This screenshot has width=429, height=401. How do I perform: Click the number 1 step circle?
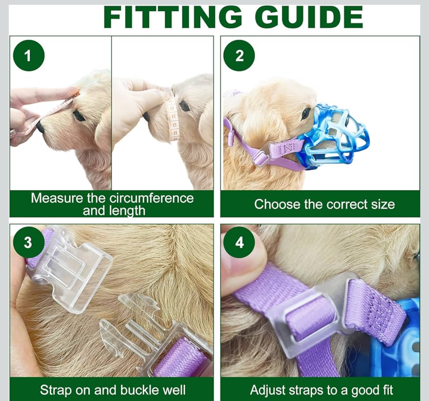pos(28,56)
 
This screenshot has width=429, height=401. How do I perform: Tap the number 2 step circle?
pos(239,56)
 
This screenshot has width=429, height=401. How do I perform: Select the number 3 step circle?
pos(28,242)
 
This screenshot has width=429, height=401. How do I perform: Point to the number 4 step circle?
pos(239,242)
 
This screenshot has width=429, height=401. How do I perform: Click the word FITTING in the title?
pos(173,17)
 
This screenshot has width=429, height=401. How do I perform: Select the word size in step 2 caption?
pos(383,204)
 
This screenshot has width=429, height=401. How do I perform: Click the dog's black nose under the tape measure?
pos(40,127)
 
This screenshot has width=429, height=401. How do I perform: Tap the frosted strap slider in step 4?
pos(317,312)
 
